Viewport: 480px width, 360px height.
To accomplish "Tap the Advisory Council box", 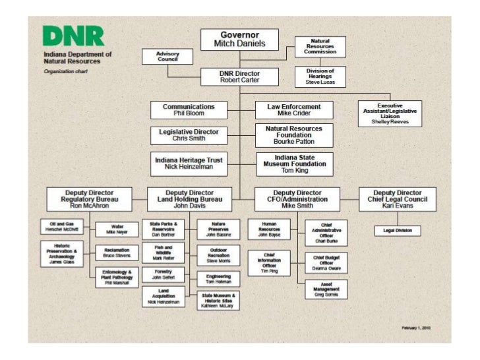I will pyautogui.click(x=167, y=56).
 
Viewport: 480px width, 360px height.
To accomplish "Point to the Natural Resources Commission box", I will pyautogui.click(x=320, y=47).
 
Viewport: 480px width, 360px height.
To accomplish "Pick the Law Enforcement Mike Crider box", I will pyautogui.click(x=294, y=109).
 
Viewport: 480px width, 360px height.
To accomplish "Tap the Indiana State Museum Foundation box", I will pyautogui.click(x=295, y=163).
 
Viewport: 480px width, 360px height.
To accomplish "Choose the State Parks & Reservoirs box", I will pyautogui.click(x=163, y=229).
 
